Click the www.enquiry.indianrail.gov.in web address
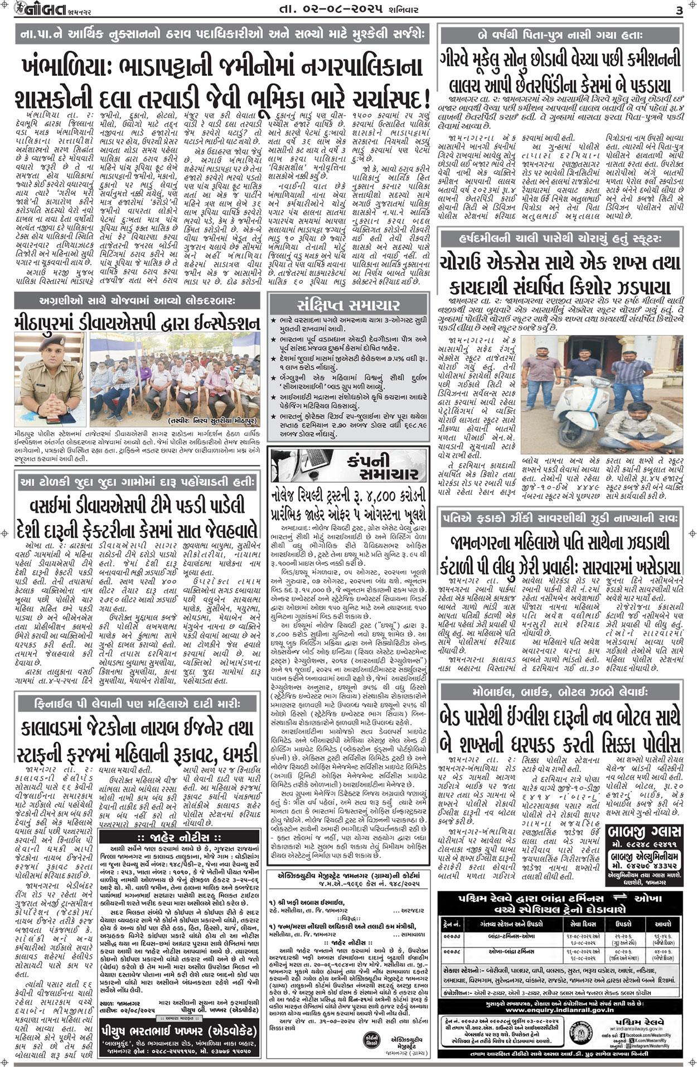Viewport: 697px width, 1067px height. click(559, 1009)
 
